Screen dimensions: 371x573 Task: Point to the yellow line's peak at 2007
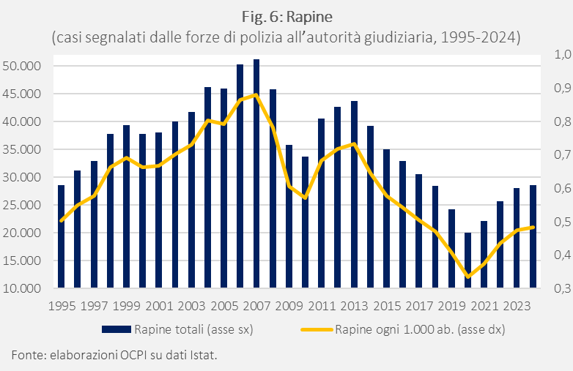tap(256, 94)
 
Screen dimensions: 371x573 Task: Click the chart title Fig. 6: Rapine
tap(286, 16)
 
